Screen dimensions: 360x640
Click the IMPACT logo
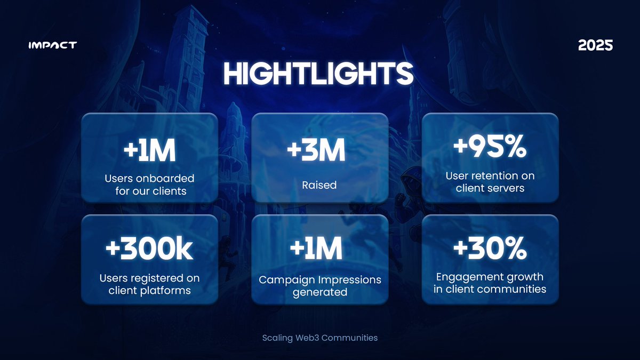tap(52, 45)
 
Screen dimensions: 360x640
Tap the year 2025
tap(595, 46)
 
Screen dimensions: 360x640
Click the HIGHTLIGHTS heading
tap(318, 75)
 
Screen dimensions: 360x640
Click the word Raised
tap(319, 185)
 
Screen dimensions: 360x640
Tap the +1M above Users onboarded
tap(149, 152)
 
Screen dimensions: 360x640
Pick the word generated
tap(320, 292)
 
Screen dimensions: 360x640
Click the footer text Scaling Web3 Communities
tap(320, 338)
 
